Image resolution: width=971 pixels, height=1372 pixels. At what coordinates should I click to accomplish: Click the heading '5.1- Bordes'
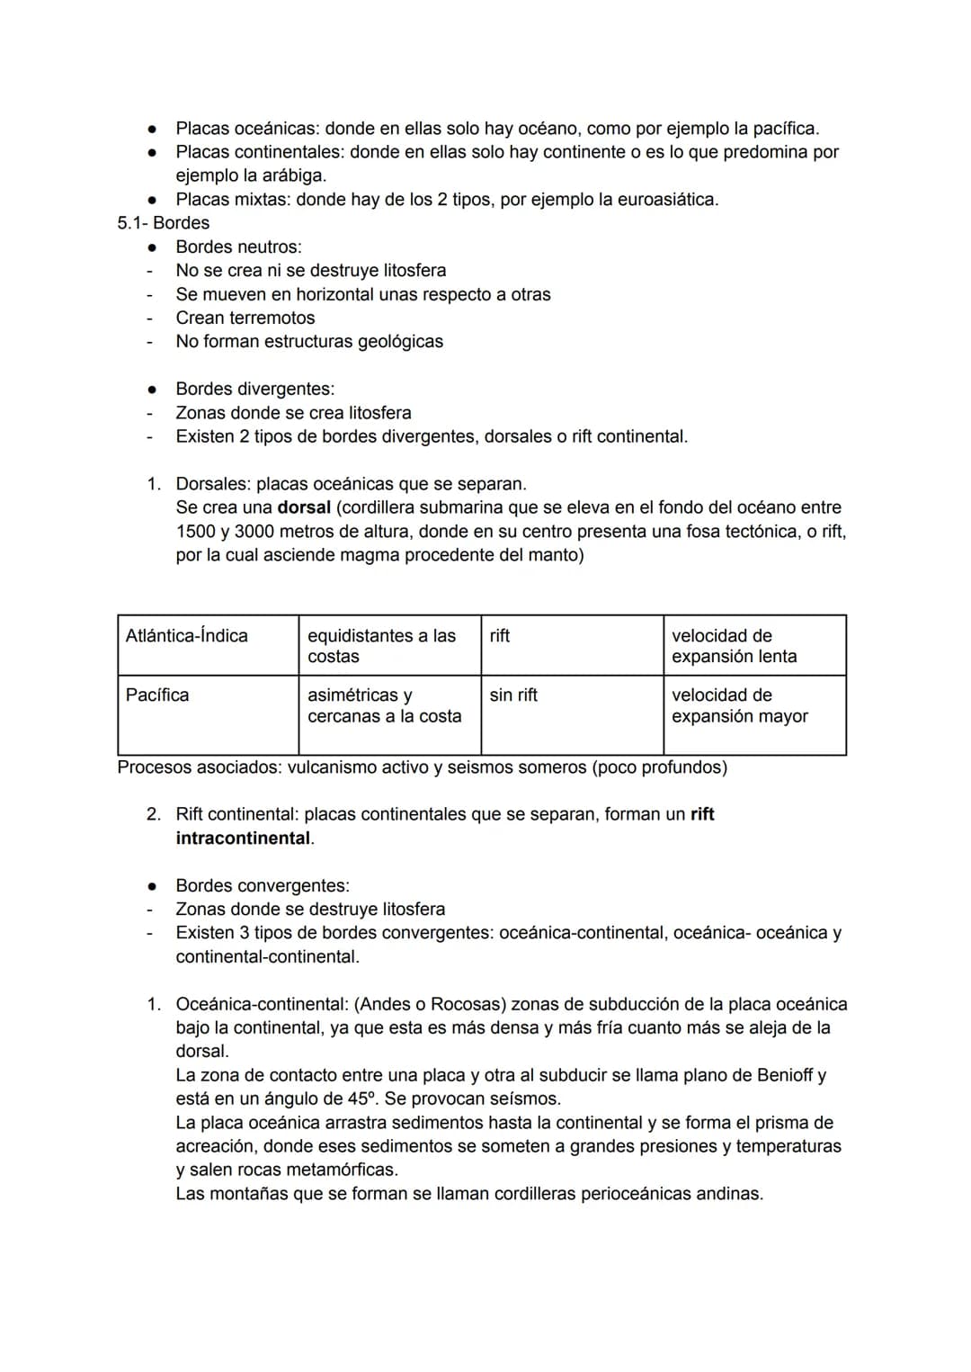pyautogui.click(x=163, y=223)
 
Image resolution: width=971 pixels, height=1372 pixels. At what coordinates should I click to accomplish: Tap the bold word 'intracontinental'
pyautogui.click(x=243, y=838)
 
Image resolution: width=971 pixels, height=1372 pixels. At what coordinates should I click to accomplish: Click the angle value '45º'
pyautogui.click(x=362, y=1098)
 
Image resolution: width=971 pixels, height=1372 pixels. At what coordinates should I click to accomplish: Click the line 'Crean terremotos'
pyautogui.click(x=245, y=318)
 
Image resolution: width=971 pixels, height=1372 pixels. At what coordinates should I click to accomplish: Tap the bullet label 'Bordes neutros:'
pyautogui.click(x=238, y=247)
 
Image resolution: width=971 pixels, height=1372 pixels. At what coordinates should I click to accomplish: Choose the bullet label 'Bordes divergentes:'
pyautogui.click(x=254, y=389)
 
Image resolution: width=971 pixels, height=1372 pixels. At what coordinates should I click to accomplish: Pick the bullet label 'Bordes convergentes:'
pyautogui.click(x=263, y=885)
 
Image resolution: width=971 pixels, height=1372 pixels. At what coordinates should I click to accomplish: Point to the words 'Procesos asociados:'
pyautogui.click(x=200, y=767)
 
